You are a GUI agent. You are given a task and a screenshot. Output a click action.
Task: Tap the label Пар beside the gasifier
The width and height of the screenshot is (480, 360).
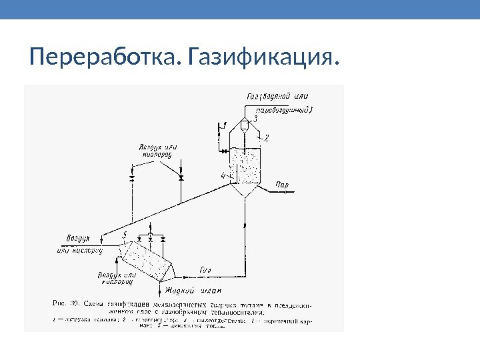(x=282, y=183)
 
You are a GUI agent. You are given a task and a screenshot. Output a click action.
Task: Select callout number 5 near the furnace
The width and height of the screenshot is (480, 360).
(x=125, y=235)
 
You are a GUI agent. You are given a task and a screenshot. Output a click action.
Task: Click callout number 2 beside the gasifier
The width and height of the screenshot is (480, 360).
(x=266, y=139)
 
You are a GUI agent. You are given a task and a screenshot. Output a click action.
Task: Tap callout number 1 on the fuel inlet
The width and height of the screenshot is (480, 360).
(x=225, y=125)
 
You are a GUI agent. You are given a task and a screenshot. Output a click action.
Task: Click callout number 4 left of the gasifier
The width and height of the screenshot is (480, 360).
(x=224, y=175)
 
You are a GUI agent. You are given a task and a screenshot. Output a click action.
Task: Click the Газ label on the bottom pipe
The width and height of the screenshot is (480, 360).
(x=206, y=269)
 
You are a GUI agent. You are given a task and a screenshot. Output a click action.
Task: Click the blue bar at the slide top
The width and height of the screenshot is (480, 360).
(x=240, y=9)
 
